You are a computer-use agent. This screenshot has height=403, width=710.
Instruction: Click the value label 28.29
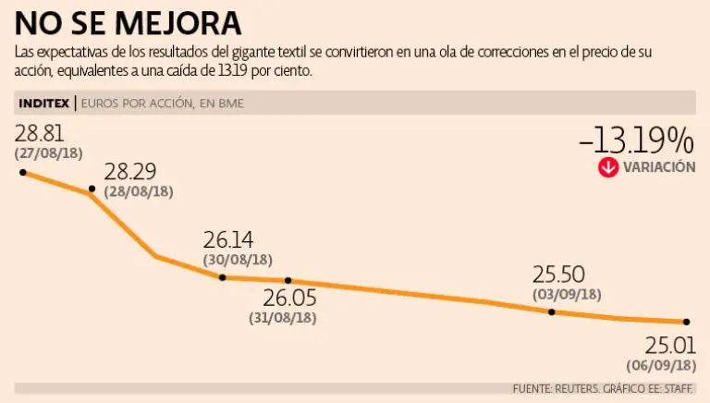(x=130, y=172)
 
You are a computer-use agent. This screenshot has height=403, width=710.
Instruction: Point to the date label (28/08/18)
(x=139, y=190)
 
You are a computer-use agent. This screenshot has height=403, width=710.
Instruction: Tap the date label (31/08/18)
(x=283, y=317)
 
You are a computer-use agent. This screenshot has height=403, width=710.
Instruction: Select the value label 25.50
(x=559, y=275)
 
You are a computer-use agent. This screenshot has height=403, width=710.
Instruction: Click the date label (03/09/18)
(x=568, y=295)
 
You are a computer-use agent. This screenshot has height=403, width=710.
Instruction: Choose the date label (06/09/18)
(x=661, y=364)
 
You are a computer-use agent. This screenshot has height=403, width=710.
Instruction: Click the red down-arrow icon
(x=607, y=167)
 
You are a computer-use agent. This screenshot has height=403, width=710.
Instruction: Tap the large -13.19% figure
(x=636, y=140)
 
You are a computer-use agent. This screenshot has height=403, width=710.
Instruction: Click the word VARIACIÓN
(x=659, y=167)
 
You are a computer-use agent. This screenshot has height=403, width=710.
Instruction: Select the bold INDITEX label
(x=44, y=103)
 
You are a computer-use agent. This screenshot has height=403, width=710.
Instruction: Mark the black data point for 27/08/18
(x=23, y=172)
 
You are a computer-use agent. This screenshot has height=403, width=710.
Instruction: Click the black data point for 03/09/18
(x=552, y=312)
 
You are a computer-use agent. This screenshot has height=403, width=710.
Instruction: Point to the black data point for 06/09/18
(x=687, y=322)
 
